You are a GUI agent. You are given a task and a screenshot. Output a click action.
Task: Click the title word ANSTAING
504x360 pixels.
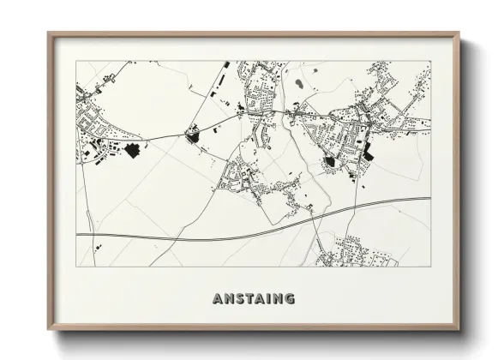[253, 299]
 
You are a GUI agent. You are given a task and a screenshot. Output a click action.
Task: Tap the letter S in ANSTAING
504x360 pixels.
[235, 299]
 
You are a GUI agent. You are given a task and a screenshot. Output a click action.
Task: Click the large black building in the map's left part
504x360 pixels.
[132, 150]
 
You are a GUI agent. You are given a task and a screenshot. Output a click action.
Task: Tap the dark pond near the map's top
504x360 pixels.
[298, 84]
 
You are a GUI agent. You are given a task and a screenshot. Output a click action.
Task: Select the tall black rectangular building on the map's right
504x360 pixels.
[369, 151]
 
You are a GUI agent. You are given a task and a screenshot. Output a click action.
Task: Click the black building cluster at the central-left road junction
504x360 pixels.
[193, 135]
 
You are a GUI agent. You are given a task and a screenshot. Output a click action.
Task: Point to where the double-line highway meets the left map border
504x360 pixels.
[77, 234]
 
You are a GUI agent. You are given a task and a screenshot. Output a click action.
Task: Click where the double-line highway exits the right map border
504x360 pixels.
[430, 199]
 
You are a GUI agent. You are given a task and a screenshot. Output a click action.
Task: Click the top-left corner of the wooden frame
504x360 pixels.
[49, 33]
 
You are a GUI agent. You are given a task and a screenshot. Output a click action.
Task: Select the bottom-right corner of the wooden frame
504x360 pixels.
[459, 329]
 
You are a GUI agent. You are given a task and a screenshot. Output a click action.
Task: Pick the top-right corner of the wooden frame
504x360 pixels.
[459, 33]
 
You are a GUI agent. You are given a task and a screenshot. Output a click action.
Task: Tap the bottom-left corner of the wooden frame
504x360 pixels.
[49, 329]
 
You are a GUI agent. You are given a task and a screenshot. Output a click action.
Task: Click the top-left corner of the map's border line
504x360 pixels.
[76, 61]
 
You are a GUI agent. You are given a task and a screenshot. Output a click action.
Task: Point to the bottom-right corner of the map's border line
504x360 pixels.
[430, 267]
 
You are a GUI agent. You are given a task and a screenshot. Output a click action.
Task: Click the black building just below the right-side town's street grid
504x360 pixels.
[330, 160]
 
